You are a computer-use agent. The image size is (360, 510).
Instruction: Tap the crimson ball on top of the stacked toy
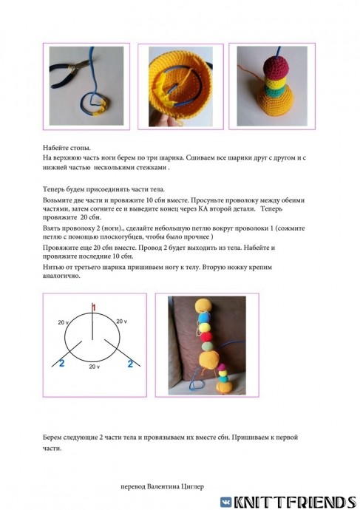click(276, 67)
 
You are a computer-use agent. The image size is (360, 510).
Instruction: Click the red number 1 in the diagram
click(94, 307)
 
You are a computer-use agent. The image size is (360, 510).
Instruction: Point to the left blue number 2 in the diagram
click(61, 363)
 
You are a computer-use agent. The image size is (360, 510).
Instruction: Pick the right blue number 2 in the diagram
click(130, 364)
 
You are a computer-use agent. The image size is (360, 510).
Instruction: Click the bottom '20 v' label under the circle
click(95, 367)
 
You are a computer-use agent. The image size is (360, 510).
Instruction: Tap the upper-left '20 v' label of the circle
click(63, 322)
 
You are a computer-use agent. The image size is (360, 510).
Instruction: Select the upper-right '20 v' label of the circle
click(122, 322)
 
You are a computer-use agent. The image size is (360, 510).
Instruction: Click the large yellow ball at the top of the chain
click(203, 307)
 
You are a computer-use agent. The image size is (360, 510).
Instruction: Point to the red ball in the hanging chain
click(206, 336)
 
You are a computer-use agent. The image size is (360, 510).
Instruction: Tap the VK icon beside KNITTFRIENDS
click(226, 502)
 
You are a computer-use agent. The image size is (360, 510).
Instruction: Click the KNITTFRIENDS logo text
click(295, 502)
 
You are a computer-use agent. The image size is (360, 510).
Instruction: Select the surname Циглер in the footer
click(192, 487)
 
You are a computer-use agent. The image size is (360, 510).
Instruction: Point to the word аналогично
click(61, 276)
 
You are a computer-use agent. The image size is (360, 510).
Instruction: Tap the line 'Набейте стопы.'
click(67, 148)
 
